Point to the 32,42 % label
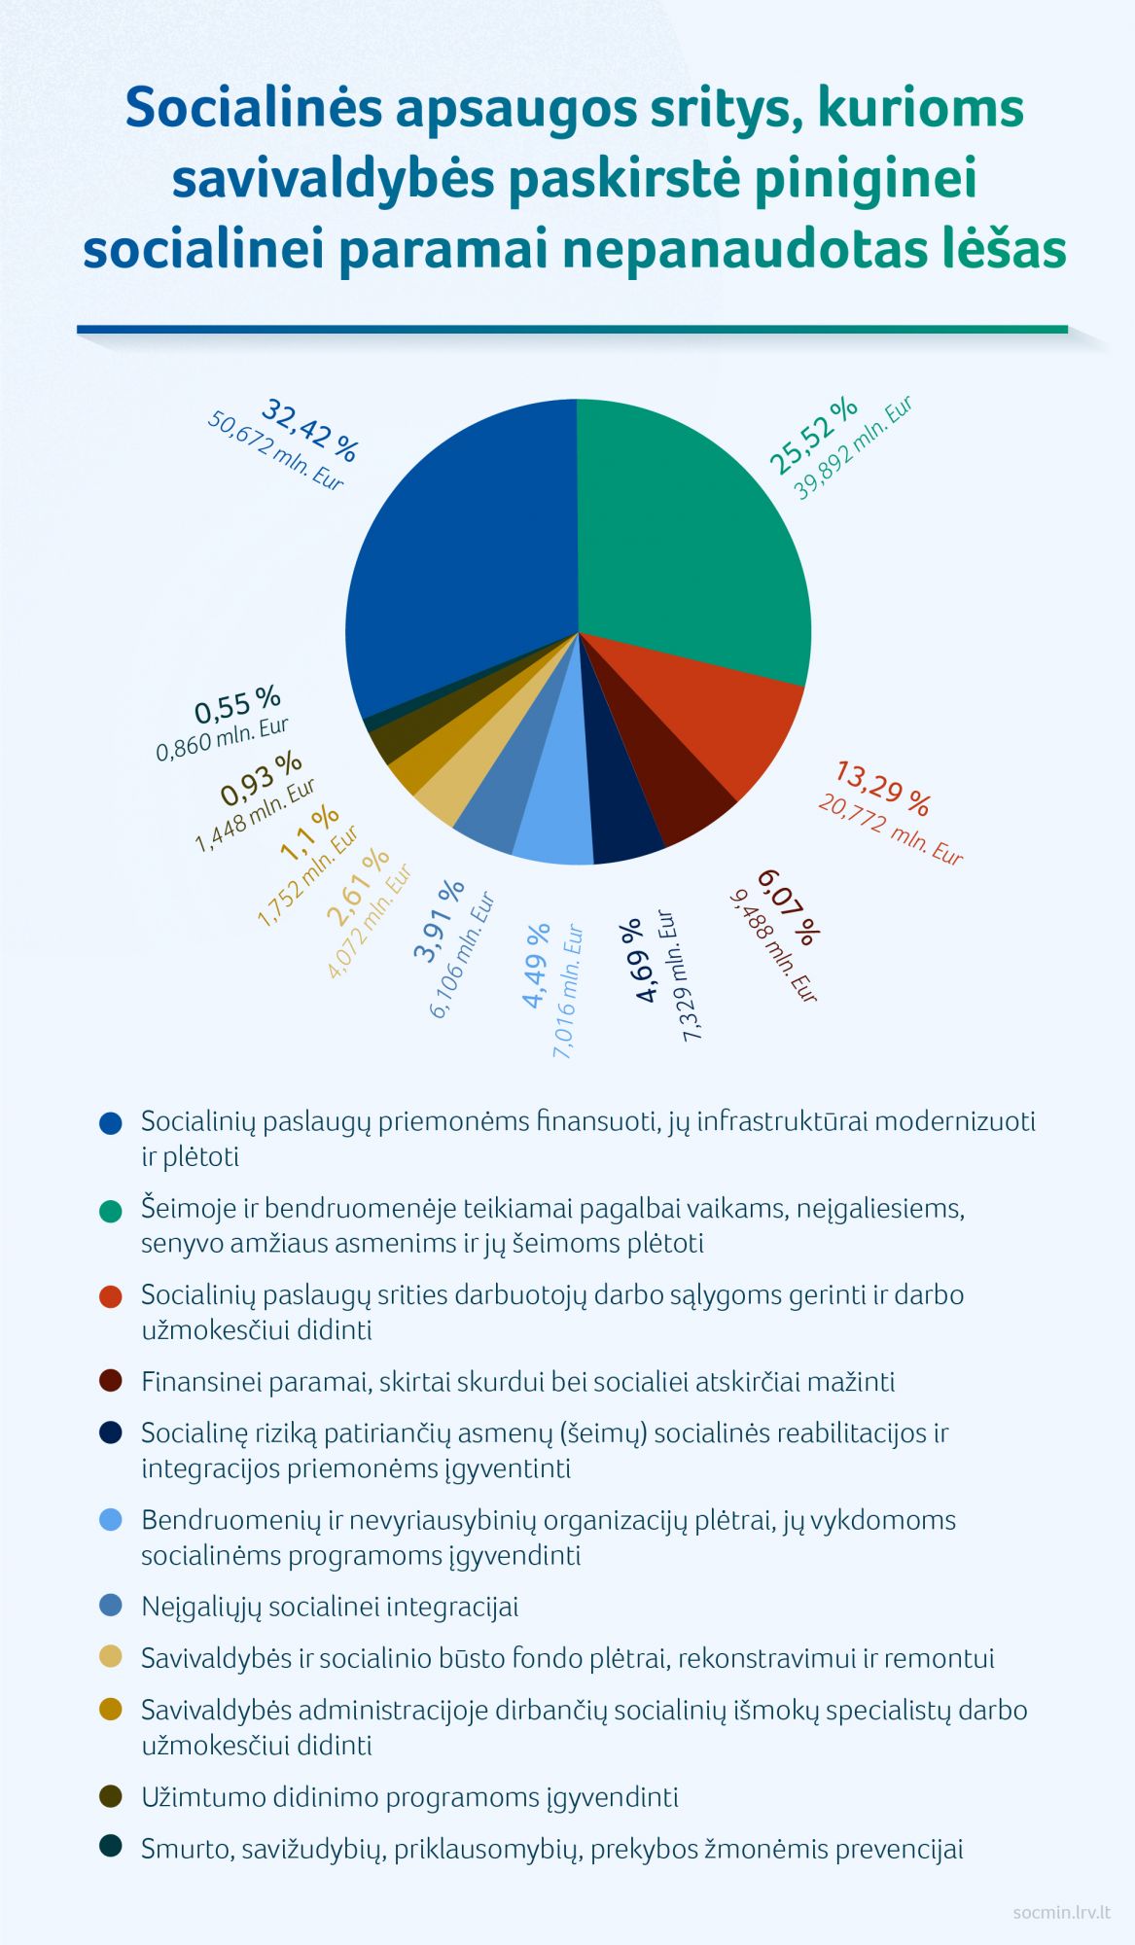tap(310, 429)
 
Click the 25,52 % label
tap(813, 435)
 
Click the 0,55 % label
tap(237, 705)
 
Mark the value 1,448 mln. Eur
tap(256, 815)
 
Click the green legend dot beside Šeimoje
tap(111, 1210)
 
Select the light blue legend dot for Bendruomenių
tap(111, 1520)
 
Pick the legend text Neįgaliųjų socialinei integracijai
tap(330, 1607)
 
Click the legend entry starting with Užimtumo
tap(409, 1797)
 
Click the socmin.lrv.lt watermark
tap(1061, 1911)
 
